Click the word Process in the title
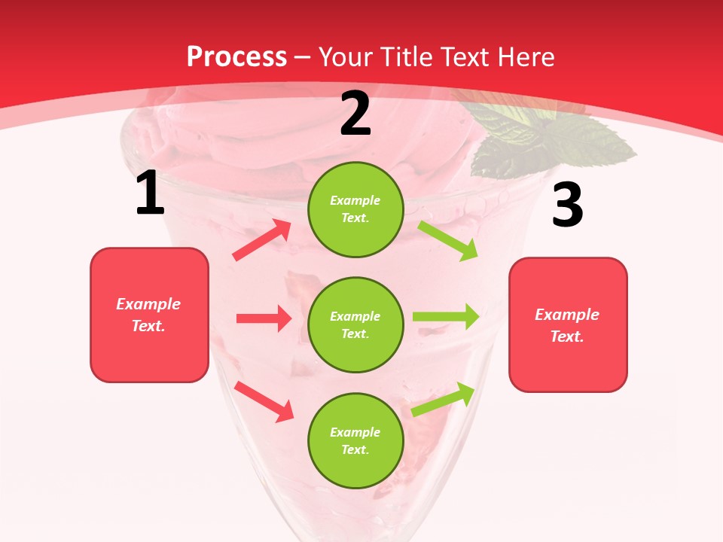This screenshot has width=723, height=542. (236, 57)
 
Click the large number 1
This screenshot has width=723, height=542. (150, 193)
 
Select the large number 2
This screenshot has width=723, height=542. (355, 114)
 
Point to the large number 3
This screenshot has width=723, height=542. (567, 205)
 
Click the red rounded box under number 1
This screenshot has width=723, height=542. (149, 315)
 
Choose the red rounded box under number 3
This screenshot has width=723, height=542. (568, 325)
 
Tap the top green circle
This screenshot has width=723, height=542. (355, 209)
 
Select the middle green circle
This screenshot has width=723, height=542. (355, 324)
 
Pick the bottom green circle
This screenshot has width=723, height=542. (355, 440)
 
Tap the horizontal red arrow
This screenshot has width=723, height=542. (264, 318)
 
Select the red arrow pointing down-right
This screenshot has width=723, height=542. (264, 400)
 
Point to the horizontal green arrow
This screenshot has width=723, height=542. (446, 316)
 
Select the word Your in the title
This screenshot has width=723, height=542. (346, 57)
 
